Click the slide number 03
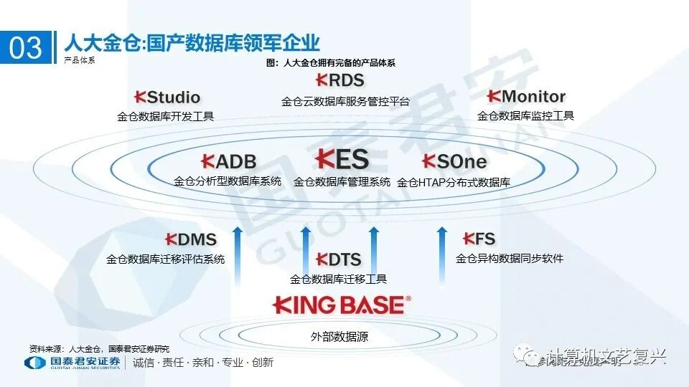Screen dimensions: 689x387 coord(26,47)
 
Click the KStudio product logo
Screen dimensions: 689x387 coord(167,97)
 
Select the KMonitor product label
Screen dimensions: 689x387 coord(525,96)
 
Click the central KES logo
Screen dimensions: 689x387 coord(342,159)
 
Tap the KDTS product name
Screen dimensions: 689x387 coord(338,259)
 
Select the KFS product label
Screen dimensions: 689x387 coord(479,239)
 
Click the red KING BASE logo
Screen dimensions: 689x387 coord(342,305)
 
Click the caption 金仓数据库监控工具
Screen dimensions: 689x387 coord(525,115)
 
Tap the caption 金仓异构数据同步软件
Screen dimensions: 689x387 coord(510,258)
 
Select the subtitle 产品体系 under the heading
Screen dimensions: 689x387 coord(79,60)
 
